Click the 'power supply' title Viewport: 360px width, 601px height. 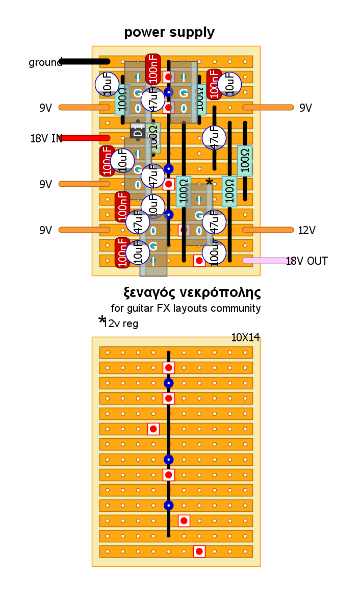(x=169, y=33)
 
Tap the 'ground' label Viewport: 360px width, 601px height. (x=45, y=63)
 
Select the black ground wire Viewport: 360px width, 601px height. (x=85, y=62)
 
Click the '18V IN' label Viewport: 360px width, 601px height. (x=46, y=138)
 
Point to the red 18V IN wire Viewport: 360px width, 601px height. (x=85, y=138)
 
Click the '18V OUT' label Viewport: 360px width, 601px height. (x=306, y=261)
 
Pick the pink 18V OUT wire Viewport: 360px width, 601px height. (x=265, y=260)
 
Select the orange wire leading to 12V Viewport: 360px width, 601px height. (x=268, y=230)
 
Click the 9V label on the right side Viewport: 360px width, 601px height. (x=305, y=108)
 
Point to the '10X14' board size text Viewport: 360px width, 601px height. (x=245, y=337)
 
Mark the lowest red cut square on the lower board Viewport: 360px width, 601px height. (x=199, y=551)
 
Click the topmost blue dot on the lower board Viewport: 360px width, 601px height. (x=169, y=383)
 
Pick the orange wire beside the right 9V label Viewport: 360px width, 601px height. (x=268, y=107)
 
